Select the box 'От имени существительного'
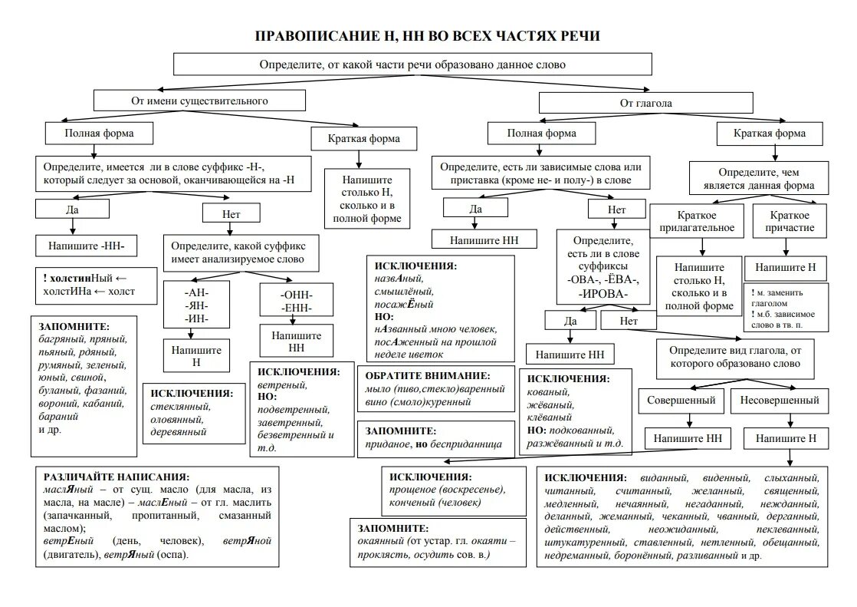tap(199, 101)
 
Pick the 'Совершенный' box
tap(681, 400)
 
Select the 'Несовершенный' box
tap(780, 400)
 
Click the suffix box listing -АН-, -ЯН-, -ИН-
tap(196, 305)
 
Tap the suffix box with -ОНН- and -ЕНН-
tap(297, 301)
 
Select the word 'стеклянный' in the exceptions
tap(180, 407)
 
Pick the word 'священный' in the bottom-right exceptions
tap(791, 490)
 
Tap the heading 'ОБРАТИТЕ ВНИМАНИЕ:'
tap(427, 376)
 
